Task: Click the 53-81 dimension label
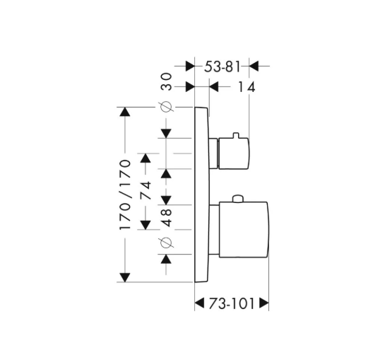pyautogui.click(x=222, y=66)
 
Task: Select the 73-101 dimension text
pyautogui.click(x=232, y=303)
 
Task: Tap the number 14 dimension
pyautogui.click(x=247, y=87)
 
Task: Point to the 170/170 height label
pyautogui.click(x=125, y=195)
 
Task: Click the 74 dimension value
pyautogui.click(x=146, y=190)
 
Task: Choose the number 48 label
pyautogui.click(x=167, y=218)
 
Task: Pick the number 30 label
pyautogui.click(x=166, y=81)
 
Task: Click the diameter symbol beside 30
pyautogui.click(x=166, y=107)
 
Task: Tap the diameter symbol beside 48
pyautogui.click(x=166, y=243)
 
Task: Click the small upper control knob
pyautogui.click(x=233, y=153)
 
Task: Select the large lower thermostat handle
pyautogui.click(x=244, y=230)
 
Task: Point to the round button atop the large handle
pyautogui.click(x=237, y=199)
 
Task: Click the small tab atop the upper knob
pyautogui.click(x=236, y=135)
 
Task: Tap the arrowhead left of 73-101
pyautogui.click(x=199, y=303)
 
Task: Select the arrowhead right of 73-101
pyautogui.click(x=264, y=303)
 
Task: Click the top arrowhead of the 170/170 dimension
pyautogui.click(x=125, y=112)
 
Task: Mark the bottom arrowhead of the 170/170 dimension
pyautogui.click(x=125, y=278)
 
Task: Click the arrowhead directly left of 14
pyautogui.click(x=214, y=87)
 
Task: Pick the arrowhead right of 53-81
pyautogui.click(x=254, y=66)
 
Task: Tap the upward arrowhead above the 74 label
pyautogui.click(x=146, y=158)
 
